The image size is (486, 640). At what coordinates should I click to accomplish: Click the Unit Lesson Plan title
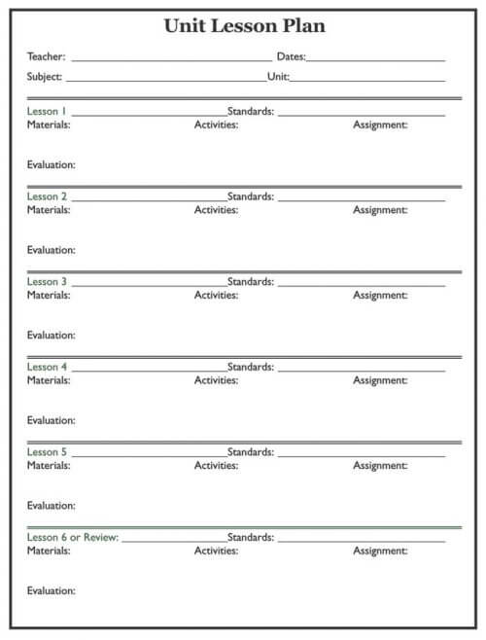pos(244,26)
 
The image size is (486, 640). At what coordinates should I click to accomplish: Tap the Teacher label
pos(46,57)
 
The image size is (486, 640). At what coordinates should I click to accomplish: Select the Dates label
pos(291,57)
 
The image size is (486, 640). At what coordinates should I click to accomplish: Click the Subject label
pos(45,77)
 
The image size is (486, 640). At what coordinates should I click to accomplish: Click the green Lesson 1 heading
pos(47,112)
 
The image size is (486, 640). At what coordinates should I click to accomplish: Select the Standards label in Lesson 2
pos(251,196)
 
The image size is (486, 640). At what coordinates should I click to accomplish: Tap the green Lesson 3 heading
pos(47,282)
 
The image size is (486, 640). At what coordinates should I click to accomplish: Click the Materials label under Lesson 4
pos(49,380)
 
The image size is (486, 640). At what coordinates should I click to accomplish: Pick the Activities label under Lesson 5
pos(216,466)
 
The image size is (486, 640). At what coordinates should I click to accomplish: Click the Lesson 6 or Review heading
pos(73,538)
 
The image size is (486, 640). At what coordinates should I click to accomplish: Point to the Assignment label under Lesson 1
pos(380,124)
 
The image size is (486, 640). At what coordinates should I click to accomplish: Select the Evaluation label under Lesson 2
pos(52,250)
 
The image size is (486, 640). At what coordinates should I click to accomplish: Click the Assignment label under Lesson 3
pos(380,295)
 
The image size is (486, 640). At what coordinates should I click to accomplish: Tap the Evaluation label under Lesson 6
pos(52,590)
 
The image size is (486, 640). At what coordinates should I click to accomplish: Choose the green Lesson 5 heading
pos(47,452)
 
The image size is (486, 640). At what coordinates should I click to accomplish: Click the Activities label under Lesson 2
pos(216,210)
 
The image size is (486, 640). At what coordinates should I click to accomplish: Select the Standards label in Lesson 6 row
pos(251,538)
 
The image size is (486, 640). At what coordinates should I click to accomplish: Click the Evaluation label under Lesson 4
pos(52,420)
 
